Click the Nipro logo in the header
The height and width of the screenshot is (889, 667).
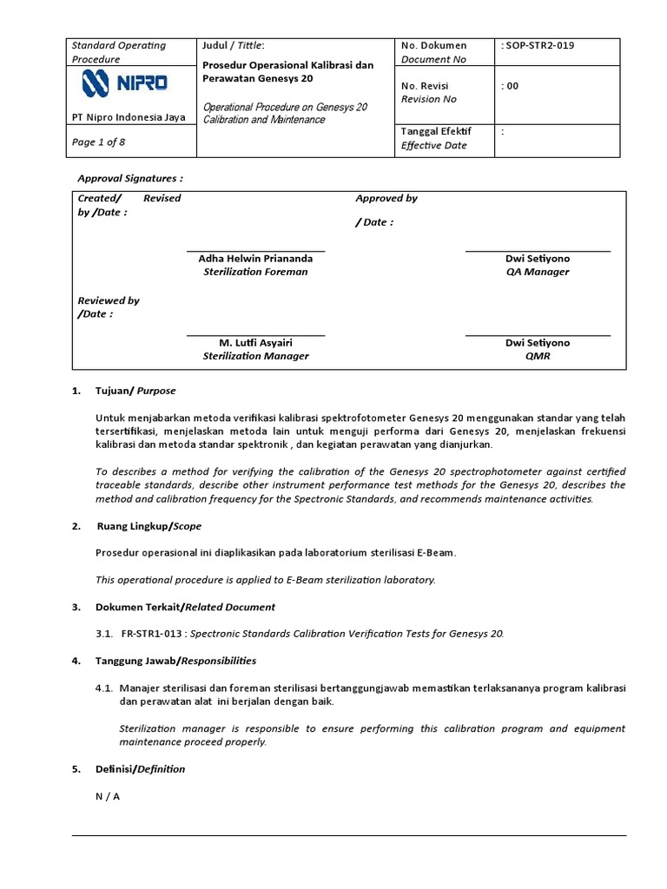click(x=125, y=83)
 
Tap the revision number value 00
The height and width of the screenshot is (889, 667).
click(x=511, y=86)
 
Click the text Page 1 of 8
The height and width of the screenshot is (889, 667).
click(x=98, y=142)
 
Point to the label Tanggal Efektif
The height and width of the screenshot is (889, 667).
click(x=435, y=131)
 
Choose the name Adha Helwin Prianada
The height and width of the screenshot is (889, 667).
click(x=255, y=259)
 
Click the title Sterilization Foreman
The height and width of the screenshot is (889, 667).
click(x=255, y=272)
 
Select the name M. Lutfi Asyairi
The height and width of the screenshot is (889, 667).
click(x=255, y=343)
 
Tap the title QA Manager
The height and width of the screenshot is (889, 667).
click(x=538, y=272)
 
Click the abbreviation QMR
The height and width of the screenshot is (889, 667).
click(x=538, y=356)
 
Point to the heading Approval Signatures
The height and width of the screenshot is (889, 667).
click(x=130, y=178)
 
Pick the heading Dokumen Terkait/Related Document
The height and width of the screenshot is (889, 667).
click(x=185, y=607)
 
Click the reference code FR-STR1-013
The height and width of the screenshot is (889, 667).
click(x=153, y=634)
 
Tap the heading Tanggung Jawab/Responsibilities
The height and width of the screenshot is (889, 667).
click(x=175, y=661)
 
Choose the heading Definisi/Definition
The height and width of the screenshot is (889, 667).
click(x=140, y=769)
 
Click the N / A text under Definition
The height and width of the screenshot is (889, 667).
click(x=107, y=796)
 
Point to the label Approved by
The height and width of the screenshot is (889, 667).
click(x=386, y=198)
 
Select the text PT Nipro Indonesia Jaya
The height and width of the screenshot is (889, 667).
click(x=128, y=118)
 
